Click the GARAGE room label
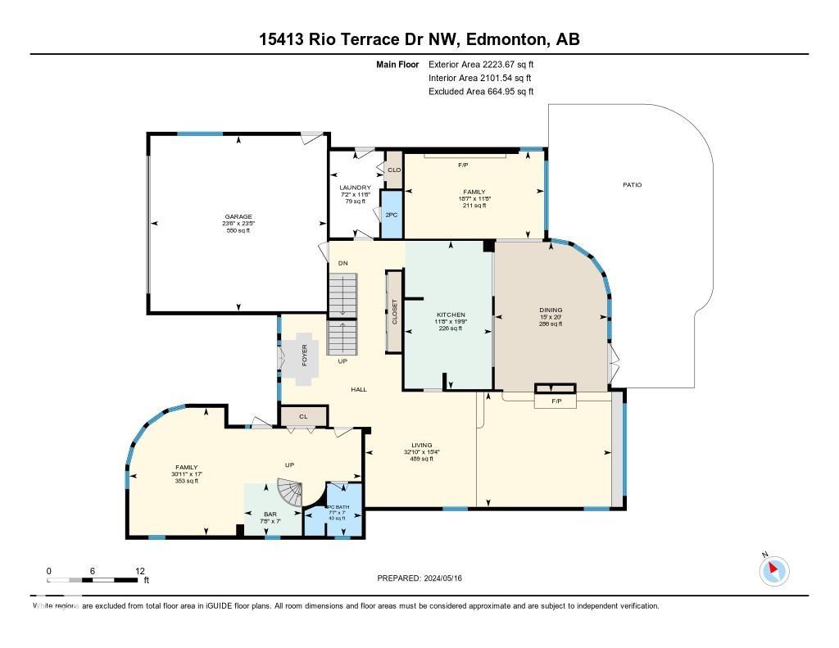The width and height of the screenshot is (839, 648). (238, 217)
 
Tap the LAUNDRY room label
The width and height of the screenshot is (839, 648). (355, 188)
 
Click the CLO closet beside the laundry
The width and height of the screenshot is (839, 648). (394, 170)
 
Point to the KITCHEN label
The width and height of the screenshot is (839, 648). (451, 315)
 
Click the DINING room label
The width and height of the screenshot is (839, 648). (551, 310)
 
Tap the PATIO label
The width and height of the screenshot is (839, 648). (632, 185)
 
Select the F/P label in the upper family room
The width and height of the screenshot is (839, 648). (463, 165)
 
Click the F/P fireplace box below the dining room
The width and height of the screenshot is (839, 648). (556, 401)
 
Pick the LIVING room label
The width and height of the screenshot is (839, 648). (421, 445)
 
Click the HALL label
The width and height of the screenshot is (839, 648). (359, 389)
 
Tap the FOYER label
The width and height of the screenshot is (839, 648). (305, 354)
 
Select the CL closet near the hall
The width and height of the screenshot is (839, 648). (303, 416)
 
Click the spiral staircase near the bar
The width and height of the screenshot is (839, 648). (291, 494)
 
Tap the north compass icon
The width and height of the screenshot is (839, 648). (774, 570)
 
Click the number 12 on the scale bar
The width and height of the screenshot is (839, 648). (140, 571)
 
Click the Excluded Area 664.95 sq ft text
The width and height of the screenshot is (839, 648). (481, 92)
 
